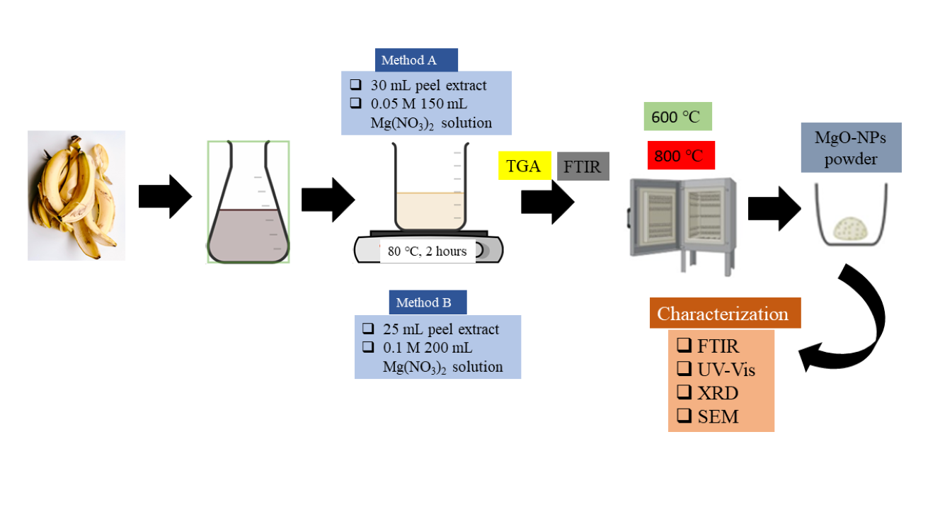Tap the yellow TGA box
(525, 166)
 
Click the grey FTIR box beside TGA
(583, 166)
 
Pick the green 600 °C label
(677, 117)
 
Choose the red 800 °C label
(680, 156)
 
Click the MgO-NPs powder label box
(850, 147)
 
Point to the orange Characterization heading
(725, 314)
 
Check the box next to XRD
(684, 393)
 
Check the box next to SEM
(684, 416)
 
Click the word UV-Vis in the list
(727, 370)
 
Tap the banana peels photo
(76, 195)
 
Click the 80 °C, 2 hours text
(427, 251)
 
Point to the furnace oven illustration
(681, 220)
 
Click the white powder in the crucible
(850, 227)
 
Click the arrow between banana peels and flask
(164, 196)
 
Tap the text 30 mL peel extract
(428, 86)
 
